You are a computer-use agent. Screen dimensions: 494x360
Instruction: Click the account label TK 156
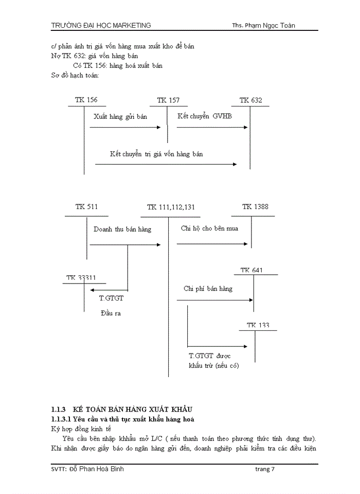click(86, 100)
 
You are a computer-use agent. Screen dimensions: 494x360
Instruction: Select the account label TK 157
click(168, 100)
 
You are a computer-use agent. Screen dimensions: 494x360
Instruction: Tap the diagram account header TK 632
click(250, 100)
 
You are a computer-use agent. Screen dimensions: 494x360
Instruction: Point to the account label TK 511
click(86, 207)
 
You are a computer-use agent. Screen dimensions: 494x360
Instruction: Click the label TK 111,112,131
click(171, 207)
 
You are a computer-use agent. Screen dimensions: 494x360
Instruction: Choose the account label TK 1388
click(255, 207)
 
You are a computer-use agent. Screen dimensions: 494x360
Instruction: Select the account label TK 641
click(252, 270)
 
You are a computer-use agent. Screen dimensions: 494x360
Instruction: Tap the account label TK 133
click(258, 325)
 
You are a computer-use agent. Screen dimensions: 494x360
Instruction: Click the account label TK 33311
click(81, 278)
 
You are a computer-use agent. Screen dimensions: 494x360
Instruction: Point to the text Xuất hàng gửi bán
click(120, 117)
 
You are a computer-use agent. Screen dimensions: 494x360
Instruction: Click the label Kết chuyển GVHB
click(204, 116)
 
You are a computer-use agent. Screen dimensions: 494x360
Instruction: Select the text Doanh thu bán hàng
click(122, 230)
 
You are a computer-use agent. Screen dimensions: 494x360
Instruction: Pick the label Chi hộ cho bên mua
click(209, 228)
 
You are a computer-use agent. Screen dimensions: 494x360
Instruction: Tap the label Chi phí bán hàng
click(208, 289)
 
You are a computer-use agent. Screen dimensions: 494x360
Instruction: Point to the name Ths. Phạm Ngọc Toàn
click(263, 26)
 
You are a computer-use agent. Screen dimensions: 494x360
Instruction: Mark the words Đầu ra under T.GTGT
click(111, 313)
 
